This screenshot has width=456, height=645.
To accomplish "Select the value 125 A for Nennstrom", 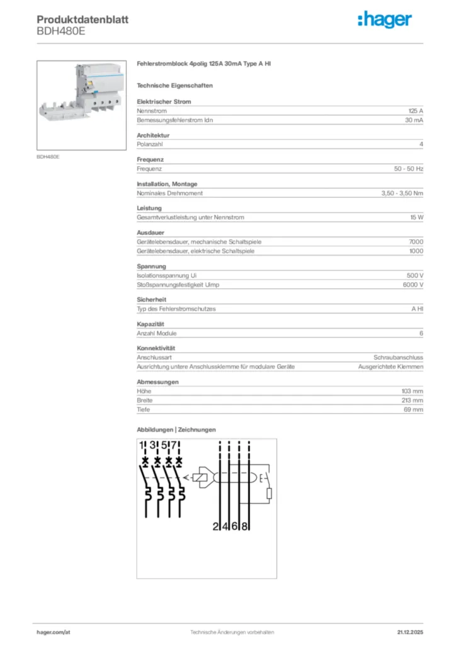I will tap(416, 110).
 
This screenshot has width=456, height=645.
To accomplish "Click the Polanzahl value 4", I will tap(421, 144).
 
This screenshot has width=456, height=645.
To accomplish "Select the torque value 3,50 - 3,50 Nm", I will tap(402, 193).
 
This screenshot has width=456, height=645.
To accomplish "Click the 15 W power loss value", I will tap(416, 217).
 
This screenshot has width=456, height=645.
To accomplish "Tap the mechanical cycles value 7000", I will tap(416, 242).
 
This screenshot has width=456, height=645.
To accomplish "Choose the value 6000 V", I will tap(413, 285).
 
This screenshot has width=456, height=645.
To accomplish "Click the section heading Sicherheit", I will tap(151, 300).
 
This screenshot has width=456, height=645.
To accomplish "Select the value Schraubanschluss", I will tap(398, 357).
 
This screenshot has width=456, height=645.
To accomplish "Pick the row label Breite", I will tap(144, 400).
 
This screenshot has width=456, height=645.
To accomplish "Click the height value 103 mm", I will tap(412, 391).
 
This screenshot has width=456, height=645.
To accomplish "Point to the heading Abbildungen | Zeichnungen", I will tap(176, 430).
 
